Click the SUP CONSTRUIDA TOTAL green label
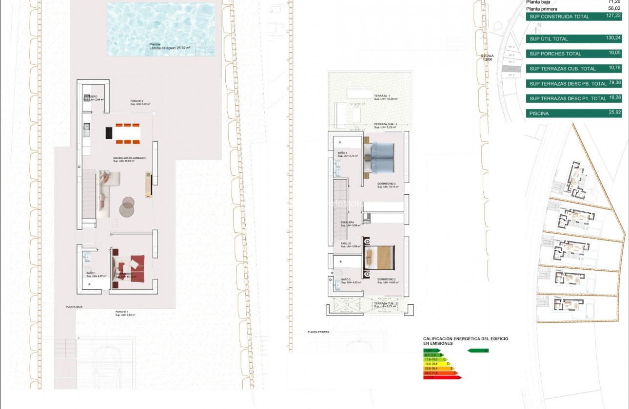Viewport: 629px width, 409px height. coord(559,17)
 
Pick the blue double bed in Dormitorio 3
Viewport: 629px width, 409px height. coord(383,157)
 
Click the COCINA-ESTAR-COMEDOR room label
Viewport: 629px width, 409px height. coord(129,158)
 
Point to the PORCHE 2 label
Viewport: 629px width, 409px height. coord(137,101)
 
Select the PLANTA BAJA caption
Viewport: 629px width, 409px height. coord(75,307)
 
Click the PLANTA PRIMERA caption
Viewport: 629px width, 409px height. coord(318,332)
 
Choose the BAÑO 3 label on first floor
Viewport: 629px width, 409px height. coord(343,153)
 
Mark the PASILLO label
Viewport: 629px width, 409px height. coord(345,243)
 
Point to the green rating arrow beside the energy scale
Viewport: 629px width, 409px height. coord(478,350)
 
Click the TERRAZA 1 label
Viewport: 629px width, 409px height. coord(381,96)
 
